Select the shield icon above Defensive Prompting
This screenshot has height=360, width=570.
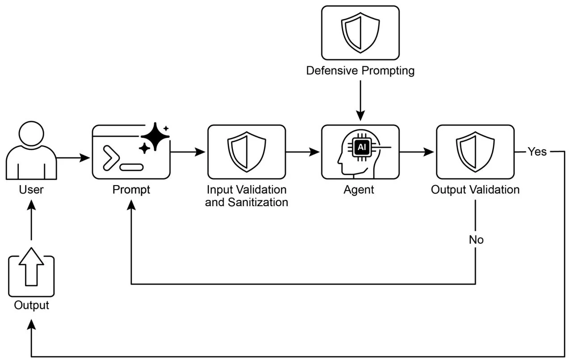tap(360, 32)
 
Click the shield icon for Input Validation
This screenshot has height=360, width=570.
tap(246, 151)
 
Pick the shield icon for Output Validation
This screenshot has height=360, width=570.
tap(475, 151)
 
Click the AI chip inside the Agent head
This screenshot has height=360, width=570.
tap(361, 146)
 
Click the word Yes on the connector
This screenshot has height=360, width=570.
tap(537, 152)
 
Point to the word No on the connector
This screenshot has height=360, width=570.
tap(476, 240)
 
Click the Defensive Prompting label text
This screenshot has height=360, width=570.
tap(360, 71)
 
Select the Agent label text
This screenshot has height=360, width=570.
tap(359, 190)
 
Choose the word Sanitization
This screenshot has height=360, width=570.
tap(258, 202)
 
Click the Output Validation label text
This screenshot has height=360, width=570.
tap(475, 190)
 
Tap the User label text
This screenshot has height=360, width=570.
tap(31, 190)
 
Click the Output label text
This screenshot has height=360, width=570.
tap(31, 305)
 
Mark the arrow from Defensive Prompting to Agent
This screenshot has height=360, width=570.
tap(360, 101)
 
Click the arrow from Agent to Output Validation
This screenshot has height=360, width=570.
tap(417, 152)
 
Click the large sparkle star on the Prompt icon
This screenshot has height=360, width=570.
tap(155, 136)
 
